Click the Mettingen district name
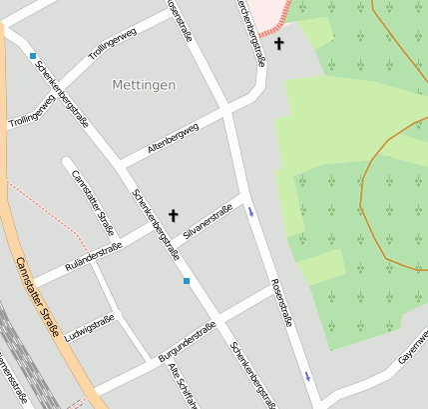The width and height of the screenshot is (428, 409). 144,85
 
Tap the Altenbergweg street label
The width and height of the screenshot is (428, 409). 173,138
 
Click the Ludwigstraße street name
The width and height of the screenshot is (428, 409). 89,330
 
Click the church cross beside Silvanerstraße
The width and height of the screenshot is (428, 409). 174,214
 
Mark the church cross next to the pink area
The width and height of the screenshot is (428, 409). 279,44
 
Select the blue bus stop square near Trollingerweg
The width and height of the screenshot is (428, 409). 33,56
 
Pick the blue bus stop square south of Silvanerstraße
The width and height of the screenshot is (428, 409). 186,281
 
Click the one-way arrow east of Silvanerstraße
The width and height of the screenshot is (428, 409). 250,211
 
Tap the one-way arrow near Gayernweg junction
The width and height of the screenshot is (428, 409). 307,375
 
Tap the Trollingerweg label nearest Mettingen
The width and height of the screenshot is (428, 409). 112,47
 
